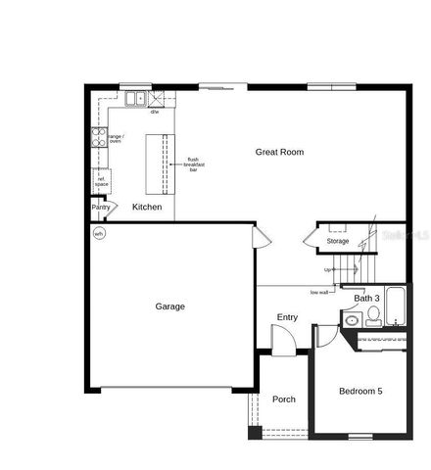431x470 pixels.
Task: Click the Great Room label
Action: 279,152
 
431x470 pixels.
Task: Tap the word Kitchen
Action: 147,208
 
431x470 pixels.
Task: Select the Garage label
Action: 169,306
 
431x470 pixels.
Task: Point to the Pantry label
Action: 101,208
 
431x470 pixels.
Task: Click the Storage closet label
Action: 338,241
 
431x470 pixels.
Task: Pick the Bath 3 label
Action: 366,298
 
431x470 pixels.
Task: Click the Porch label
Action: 284,399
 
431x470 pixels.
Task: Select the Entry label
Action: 287,317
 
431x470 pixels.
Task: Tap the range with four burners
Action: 99,138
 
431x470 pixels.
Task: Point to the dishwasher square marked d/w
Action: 156,98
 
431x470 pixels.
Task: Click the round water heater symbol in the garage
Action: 98,234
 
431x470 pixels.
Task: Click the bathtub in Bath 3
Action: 396,306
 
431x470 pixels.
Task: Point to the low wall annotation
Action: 319,292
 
